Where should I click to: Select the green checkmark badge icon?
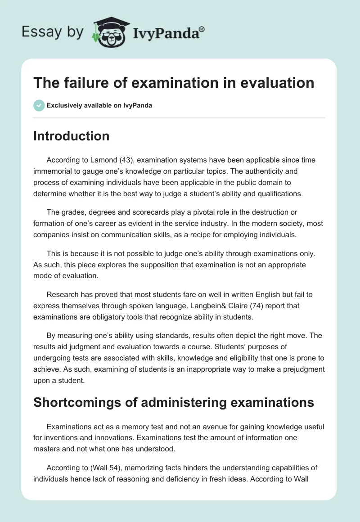click(x=39, y=105)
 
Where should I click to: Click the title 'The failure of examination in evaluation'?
click(x=174, y=83)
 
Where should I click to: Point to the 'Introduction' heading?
click(x=71, y=136)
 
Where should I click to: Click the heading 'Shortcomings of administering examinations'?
click(x=174, y=402)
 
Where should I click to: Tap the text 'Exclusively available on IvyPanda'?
click(x=99, y=105)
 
